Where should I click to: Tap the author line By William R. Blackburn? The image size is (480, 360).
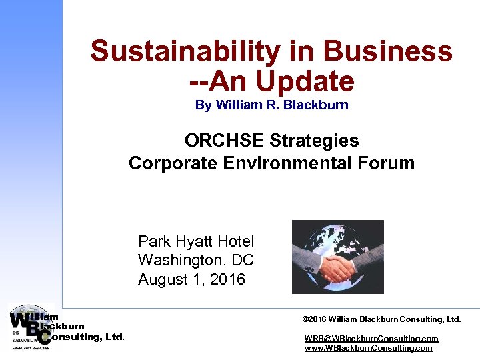[271, 105]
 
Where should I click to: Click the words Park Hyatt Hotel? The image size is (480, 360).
[196, 241]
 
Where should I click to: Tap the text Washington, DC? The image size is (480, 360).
[196, 260]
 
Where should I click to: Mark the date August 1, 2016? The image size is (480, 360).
[191, 279]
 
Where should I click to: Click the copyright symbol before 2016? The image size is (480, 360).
[305, 319]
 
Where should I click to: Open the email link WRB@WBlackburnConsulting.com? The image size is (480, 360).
[371, 339]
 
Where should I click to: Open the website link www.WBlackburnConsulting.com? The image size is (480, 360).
[368, 348]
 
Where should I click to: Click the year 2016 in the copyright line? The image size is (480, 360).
[319, 319]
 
